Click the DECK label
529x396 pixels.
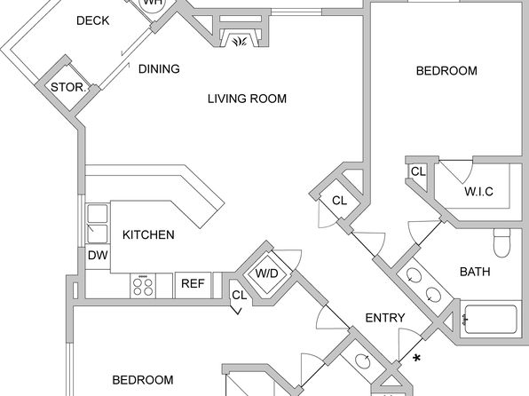93,20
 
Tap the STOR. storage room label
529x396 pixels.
69,87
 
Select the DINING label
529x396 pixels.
159,69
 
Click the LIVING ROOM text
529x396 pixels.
247,99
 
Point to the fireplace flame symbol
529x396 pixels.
240,42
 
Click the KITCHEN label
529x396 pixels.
148,234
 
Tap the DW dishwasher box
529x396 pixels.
98,255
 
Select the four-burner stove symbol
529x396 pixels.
143,286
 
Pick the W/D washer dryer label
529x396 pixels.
267,273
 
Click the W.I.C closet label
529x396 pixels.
478,192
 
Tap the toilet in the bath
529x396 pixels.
502,242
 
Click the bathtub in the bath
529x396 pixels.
491,320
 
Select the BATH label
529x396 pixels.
475,272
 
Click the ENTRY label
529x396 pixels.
385,318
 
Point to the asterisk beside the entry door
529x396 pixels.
417,358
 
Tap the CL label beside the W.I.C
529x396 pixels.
418,171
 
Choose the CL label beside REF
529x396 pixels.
239,295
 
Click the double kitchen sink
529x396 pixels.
98,224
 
